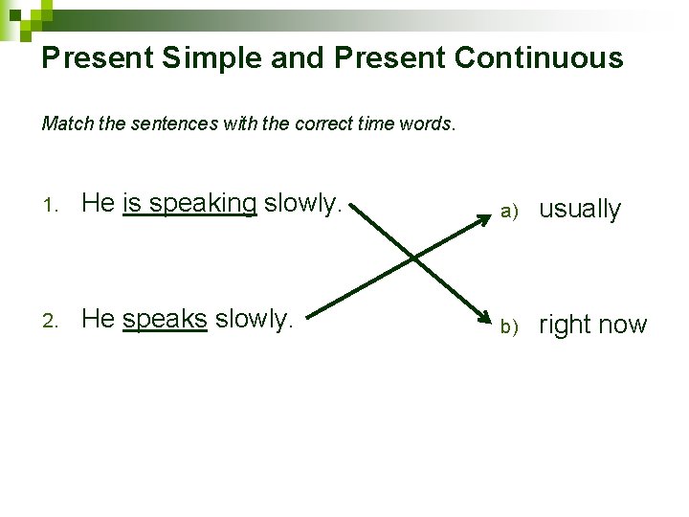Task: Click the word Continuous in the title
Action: [x=539, y=58]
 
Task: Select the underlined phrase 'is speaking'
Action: [x=189, y=203]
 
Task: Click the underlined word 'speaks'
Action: [x=165, y=319]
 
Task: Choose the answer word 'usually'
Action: [x=580, y=210]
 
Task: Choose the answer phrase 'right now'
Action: [x=593, y=326]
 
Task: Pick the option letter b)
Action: [x=508, y=327]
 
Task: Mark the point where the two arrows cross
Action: [x=412, y=257]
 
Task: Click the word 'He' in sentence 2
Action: [x=98, y=319]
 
